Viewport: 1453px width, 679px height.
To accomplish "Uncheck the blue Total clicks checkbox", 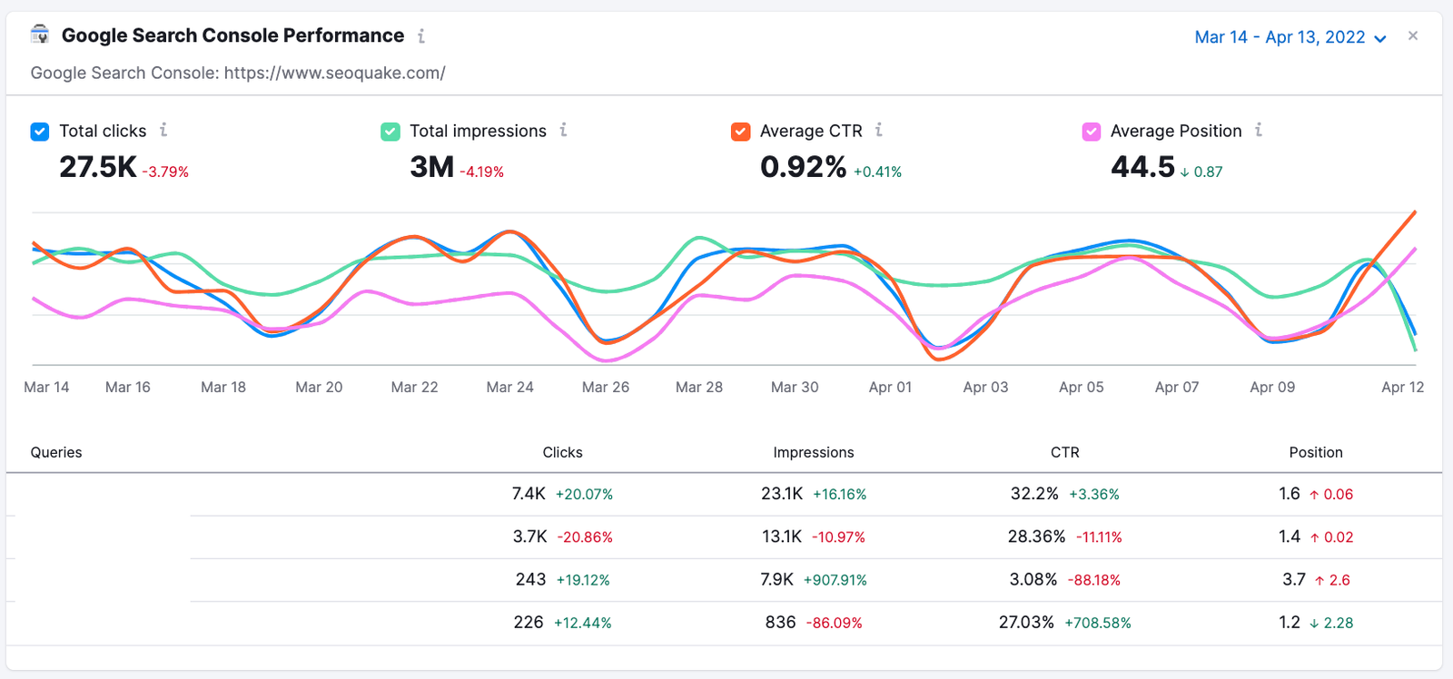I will [x=40, y=132].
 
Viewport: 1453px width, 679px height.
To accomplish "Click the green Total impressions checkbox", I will [x=390, y=132].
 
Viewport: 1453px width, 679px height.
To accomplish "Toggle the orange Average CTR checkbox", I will [x=741, y=132].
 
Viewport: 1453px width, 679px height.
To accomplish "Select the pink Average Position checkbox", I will [x=1092, y=132].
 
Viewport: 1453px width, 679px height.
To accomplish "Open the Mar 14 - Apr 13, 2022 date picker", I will [x=1290, y=37].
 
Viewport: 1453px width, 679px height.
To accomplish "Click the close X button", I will [x=1413, y=36].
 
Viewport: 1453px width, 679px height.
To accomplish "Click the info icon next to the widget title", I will [x=421, y=36].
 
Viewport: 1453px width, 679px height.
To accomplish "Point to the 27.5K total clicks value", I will [x=98, y=167].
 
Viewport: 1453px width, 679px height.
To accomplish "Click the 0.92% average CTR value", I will [x=803, y=167].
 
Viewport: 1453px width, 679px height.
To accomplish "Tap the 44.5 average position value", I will [x=1142, y=167].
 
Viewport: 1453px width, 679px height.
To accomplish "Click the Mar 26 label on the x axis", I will [x=605, y=387].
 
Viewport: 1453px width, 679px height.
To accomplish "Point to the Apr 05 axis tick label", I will [x=1081, y=387].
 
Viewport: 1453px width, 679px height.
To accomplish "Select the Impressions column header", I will [x=813, y=452].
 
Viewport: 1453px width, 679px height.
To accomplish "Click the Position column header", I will [x=1315, y=452].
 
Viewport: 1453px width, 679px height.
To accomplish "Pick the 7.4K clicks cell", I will [x=529, y=494].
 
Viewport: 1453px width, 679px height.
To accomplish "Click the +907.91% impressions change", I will [x=835, y=580].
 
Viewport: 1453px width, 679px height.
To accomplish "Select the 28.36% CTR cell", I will [x=1036, y=536].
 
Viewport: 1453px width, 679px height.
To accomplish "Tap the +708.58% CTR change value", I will [x=1097, y=623].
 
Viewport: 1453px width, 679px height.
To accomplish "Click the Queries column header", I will [x=56, y=452].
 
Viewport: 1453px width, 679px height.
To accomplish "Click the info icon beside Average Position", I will [x=1259, y=131].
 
